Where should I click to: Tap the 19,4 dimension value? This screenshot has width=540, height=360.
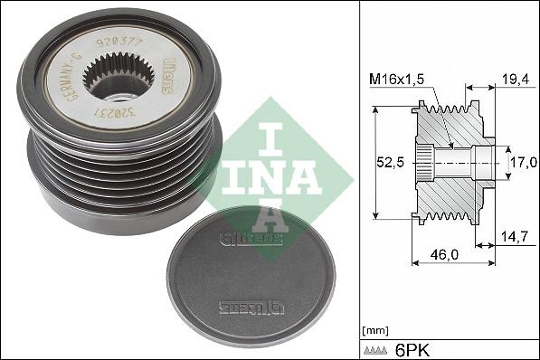tap(515, 81)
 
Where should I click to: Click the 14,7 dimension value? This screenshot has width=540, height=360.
tap(515, 237)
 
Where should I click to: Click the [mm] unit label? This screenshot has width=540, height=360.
tap(374, 329)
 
